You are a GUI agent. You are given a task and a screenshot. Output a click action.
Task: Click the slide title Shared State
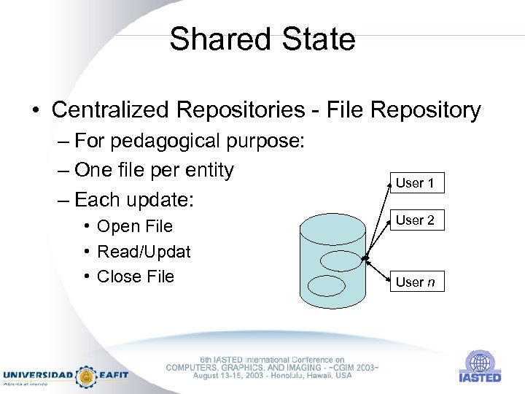pos(262,39)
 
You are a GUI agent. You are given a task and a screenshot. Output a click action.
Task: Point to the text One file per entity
pos(154,170)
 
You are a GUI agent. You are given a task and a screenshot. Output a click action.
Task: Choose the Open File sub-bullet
pos(134,226)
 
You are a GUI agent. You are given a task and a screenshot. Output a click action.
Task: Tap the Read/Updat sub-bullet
pos(143,252)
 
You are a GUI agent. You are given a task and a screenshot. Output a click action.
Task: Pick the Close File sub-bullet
pos(135,277)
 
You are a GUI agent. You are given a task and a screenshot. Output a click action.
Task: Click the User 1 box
pos(415,183)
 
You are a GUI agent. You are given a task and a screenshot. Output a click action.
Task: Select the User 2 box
pos(415,220)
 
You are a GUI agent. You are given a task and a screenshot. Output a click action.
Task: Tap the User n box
pos(415,282)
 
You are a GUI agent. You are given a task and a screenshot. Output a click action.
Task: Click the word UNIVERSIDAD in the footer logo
pos(39,374)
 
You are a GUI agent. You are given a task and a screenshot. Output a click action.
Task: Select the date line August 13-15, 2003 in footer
pos(272,375)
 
